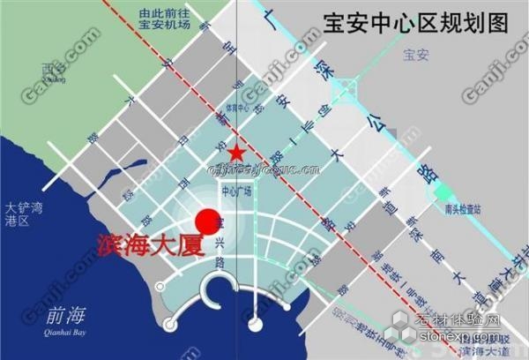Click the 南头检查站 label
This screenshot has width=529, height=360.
[463, 210]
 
